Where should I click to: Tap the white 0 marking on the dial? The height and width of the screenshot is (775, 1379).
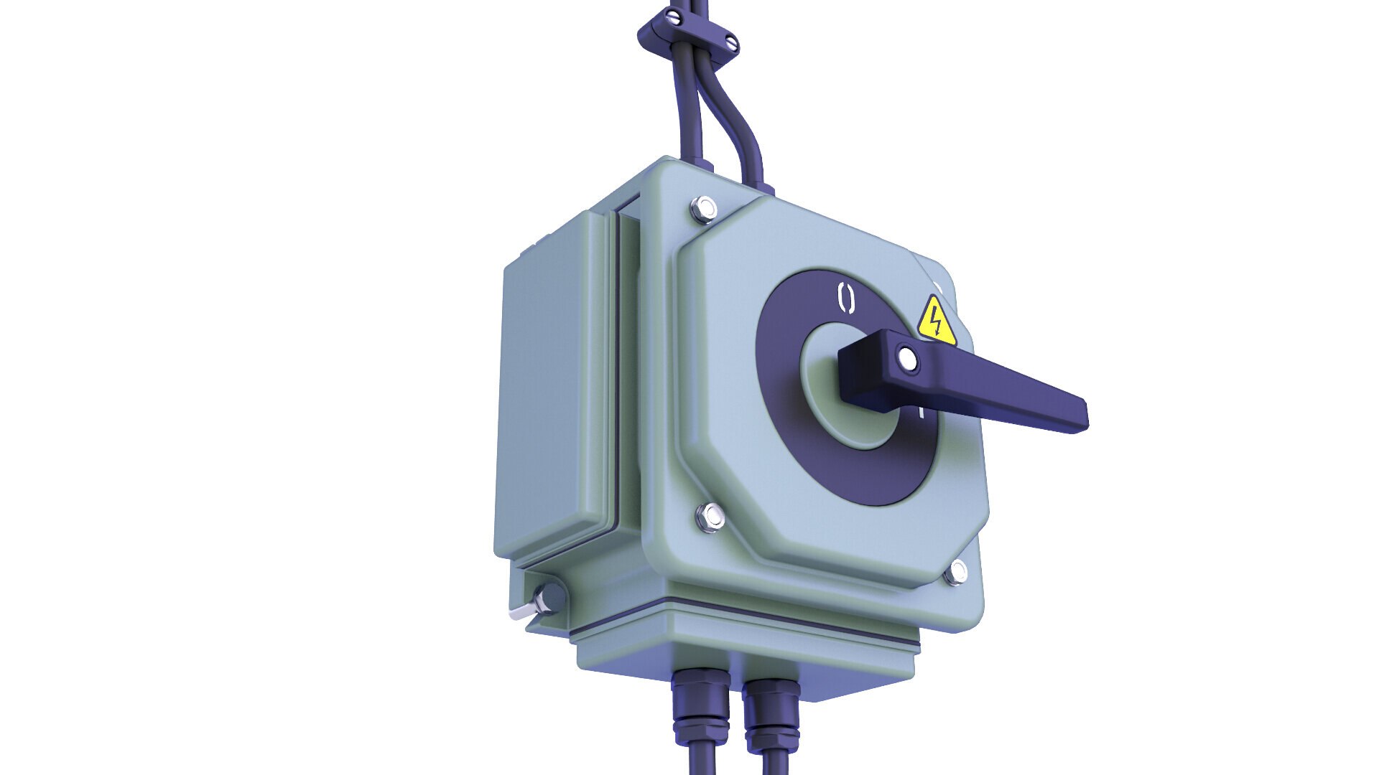(x=847, y=298)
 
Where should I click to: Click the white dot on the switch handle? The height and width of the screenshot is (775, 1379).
(x=908, y=359)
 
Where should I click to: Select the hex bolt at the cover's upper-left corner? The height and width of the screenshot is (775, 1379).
(x=704, y=210)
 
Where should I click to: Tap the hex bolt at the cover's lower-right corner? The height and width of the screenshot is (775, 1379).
(x=956, y=573)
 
